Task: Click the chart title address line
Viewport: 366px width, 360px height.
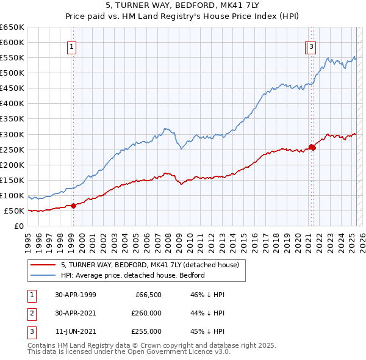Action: [183, 6]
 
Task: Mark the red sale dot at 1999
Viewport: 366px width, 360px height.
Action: [74, 206]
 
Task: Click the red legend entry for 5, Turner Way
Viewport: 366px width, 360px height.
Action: [152, 265]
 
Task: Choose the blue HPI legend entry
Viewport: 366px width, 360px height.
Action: [132, 275]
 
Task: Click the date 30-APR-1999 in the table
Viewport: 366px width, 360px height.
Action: [76, 295]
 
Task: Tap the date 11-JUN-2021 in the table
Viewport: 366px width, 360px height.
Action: [76, 331]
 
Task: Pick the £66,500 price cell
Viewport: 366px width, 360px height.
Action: [148, 295]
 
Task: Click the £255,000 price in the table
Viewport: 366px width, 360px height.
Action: [146, 331]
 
